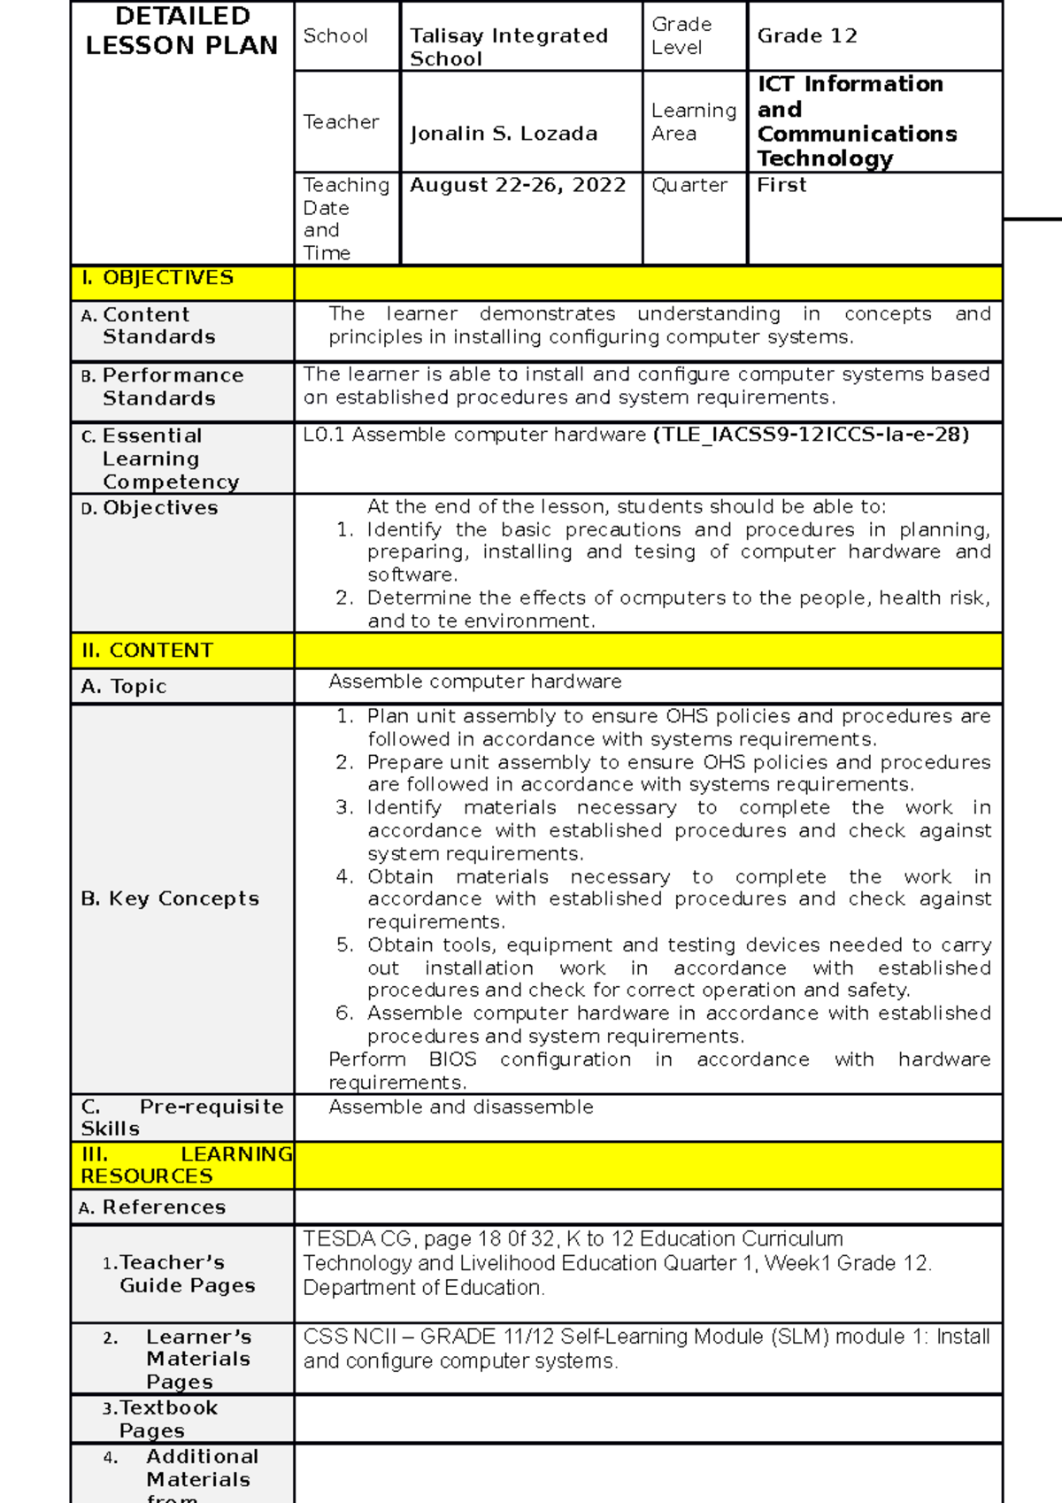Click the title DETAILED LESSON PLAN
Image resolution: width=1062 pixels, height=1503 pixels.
[x=181, y=31]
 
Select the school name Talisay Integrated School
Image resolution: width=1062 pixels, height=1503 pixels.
[x=508, y=47]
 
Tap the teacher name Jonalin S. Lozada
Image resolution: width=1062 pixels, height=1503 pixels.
[x=504, y=134]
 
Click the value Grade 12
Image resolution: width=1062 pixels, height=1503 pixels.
[x=806, y=36]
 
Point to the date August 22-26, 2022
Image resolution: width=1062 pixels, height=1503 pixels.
[x=518, y=185]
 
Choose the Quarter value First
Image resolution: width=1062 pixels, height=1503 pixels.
[x=781, y=185]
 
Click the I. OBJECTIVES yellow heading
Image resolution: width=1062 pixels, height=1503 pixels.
[x=158, y=278]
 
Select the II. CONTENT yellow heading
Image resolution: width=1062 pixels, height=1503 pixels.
[x=147, y=651]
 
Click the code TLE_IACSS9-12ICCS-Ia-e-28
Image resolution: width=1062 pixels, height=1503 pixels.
[x=811, y=435]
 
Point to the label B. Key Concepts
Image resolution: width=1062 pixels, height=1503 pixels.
[x=170, y=898]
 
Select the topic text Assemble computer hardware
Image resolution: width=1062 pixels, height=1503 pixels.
[x=475, y=682]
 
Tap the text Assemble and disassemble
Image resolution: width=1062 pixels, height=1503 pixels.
[x=461, y=1107]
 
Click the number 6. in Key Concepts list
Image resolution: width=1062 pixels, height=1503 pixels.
[x=345, y=1014]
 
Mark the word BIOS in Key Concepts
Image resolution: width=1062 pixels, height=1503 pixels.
[x=452, y=1060]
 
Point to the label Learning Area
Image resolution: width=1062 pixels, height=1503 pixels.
[x=693, y=122]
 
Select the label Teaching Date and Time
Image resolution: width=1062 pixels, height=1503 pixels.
[x=345, y=219]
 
